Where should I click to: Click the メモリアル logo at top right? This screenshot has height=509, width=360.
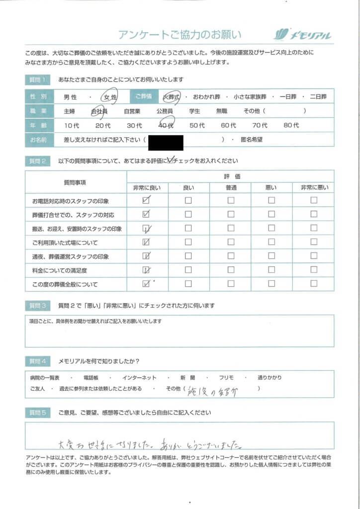[302, 35]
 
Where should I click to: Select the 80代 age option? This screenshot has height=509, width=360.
[291, 126]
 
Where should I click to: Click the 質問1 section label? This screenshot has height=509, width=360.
[38, 80]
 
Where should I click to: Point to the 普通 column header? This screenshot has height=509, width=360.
[230, 188]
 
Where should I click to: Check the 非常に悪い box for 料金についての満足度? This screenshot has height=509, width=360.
[314, 270]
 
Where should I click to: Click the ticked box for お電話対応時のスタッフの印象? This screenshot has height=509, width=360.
[146, 201]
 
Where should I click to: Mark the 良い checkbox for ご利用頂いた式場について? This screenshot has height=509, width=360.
[188, 243]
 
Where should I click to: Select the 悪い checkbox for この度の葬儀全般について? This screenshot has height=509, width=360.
[271, 284]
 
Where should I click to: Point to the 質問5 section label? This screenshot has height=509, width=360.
[38, 413]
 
